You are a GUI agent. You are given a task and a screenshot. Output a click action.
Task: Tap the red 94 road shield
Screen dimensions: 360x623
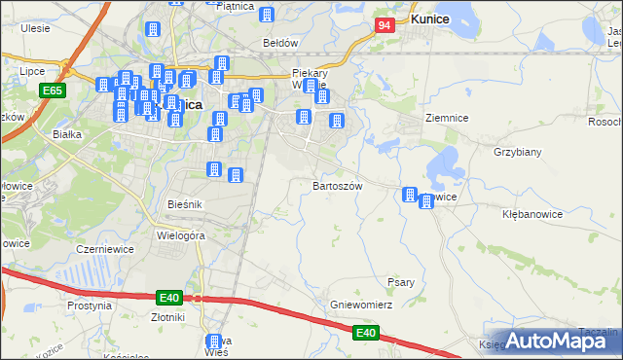(x=385, y=24)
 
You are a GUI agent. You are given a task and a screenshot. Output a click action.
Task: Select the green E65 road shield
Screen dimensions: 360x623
(x=53, y=90)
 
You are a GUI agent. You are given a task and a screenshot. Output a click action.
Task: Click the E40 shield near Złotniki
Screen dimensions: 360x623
(x=169, y=297)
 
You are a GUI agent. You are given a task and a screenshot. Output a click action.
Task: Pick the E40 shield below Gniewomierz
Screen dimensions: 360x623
(x=365, y=334)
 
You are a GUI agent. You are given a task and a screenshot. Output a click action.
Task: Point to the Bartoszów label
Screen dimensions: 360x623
(x=337, y=185)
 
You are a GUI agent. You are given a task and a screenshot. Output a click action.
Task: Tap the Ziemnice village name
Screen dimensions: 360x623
(x=447, y=118)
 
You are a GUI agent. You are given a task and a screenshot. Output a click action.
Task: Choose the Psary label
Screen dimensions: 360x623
(x=402, y=282)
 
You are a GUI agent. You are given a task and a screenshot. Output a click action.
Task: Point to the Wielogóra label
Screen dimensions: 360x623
(x=180, y=234)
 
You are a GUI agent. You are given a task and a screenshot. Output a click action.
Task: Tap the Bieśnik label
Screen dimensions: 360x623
(x=184, y=204)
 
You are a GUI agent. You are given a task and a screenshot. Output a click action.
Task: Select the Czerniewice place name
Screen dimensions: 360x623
(x=104, y=249)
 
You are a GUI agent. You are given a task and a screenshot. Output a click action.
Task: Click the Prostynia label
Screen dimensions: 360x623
(x=90, y=305)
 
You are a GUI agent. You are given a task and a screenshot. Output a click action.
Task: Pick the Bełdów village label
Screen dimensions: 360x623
(x=279, y=43)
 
